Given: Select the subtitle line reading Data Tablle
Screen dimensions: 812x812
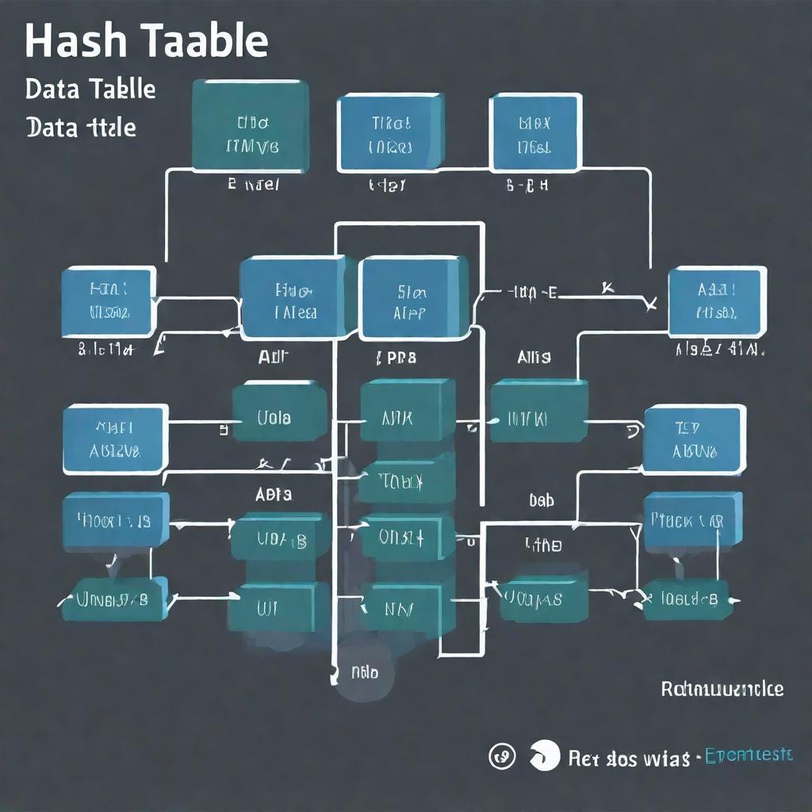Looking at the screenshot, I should pos(90,89).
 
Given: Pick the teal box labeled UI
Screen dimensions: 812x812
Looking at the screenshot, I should pos(278,607).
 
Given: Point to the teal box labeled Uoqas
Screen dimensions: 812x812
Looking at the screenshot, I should pos(543,599).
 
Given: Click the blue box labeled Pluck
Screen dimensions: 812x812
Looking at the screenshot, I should pos(691,520).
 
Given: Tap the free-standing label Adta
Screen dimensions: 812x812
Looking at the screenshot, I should pos(274,494).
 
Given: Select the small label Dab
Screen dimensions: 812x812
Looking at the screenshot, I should pos(541,501).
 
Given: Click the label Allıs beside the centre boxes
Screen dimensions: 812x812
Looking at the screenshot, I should pos(534,358).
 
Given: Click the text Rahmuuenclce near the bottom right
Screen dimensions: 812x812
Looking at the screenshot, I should pos(722,688).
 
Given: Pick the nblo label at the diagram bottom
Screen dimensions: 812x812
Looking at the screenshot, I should pos(364,673).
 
